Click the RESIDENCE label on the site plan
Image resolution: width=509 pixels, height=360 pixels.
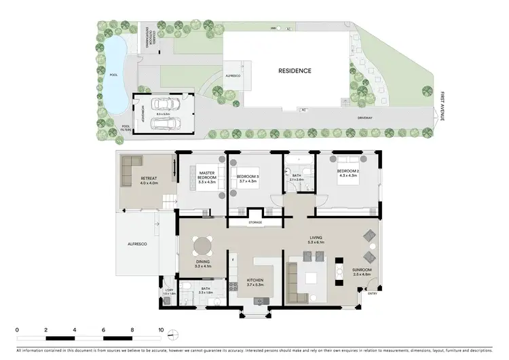click(x=294, y=71)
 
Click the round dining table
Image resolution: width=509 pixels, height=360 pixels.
click(x=202, y=244)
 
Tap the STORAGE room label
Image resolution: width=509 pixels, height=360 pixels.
click(x=256, y=221)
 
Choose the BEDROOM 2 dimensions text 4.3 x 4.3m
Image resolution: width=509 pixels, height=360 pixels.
click(x=347, y=176)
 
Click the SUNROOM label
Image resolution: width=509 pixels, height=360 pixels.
click(x=362, y=270)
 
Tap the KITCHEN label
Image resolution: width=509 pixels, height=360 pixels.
click(x=255, y=280)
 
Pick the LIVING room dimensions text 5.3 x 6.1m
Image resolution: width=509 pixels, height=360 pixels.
click(x=317, y=242)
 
